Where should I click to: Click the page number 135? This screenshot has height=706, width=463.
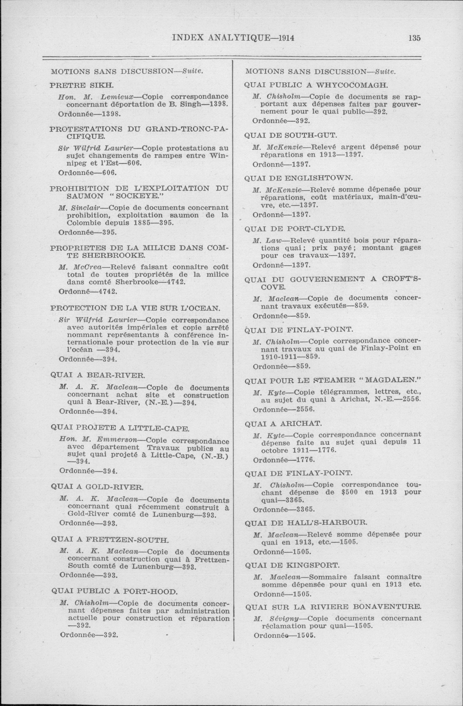tap(414, 38)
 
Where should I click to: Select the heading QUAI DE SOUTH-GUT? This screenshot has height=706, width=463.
tap(290, 136)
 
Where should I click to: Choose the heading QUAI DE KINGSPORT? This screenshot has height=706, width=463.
tap(292, 565)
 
